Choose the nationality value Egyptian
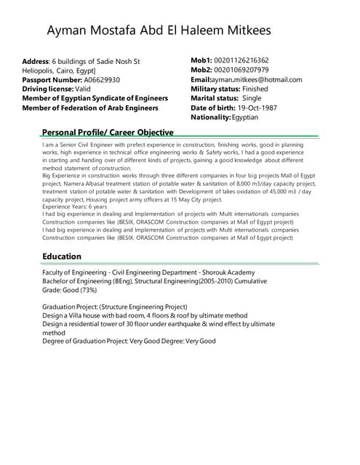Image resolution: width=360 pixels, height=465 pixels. [250, 117]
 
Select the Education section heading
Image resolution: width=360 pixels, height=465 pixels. [62, 256]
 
